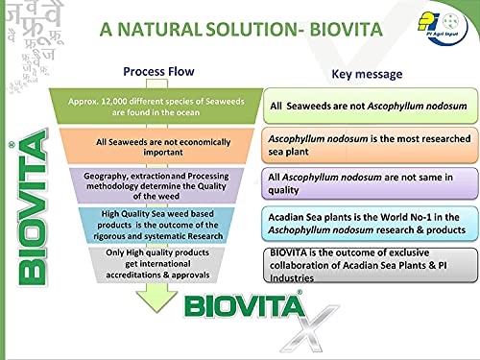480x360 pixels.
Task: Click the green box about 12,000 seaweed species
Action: [156, 105]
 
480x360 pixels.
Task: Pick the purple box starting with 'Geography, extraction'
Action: [156, 182]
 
